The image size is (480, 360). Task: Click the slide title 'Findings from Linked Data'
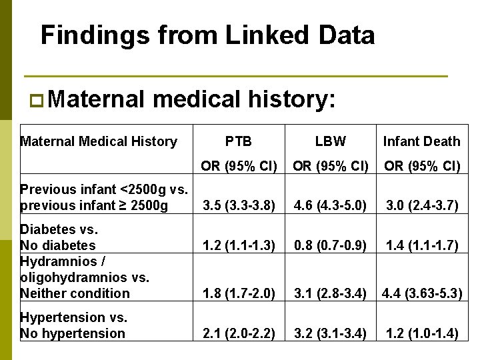pos(207,35)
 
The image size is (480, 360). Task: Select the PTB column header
pos(238,141)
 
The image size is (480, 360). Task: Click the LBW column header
pos(330,141)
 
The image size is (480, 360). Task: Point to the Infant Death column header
pos(421,141)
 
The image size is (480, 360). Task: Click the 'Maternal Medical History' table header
pos(99,141)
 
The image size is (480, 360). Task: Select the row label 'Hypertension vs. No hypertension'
pos(73,325)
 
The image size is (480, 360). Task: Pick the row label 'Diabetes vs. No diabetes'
pos(60,237)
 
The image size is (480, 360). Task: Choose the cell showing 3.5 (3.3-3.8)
pos(239,206)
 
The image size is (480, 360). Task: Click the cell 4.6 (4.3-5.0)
pos(330,206)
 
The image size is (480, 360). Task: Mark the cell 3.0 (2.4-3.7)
pos(421,206)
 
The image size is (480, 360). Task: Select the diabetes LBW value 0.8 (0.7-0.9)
pos(330,246)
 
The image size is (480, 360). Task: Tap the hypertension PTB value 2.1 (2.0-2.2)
pos(239,333)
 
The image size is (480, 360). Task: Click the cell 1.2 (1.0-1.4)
pos(421,333)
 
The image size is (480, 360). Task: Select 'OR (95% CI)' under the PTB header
pos(239,166)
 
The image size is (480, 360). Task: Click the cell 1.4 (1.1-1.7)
pos(421,246)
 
